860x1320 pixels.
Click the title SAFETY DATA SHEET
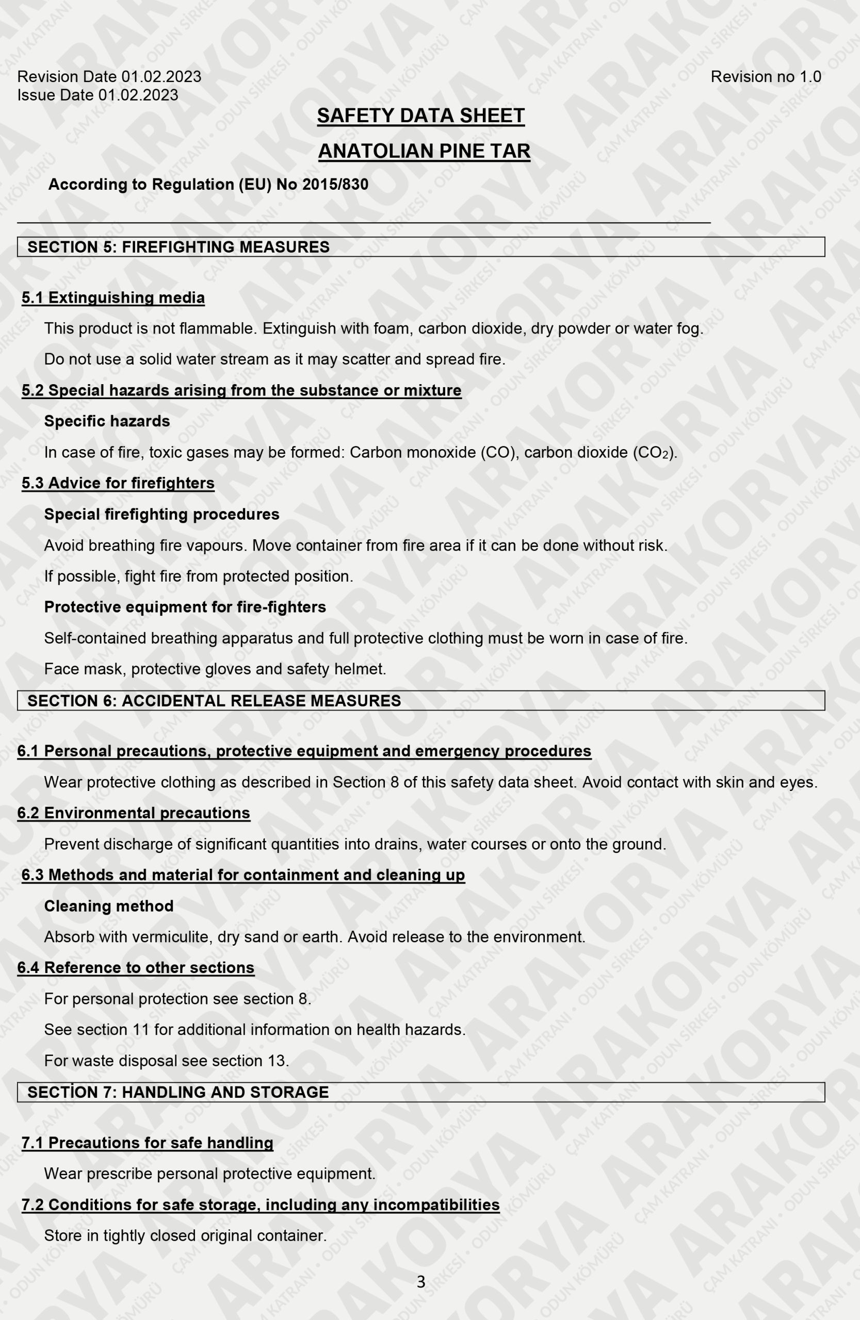point(420,115)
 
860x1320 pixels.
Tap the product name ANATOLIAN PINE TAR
point(424,151)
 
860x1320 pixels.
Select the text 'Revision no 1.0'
point(766,76)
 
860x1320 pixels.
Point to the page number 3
point(421,1282)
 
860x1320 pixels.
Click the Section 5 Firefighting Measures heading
point(179,247)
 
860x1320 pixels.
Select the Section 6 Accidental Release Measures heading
point(214,701)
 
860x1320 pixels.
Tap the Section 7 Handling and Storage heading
point(178,1092)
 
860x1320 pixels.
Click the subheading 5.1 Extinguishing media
point(113,298)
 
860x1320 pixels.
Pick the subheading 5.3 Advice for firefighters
point(118,483)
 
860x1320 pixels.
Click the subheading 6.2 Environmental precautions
point(134,813)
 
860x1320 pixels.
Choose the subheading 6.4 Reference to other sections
point(136,968)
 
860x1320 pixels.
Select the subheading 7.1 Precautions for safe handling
point(148,1143)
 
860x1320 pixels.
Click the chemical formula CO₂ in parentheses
point(654,453)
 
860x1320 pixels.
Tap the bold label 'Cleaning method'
point(109,906)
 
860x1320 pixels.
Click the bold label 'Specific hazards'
point(107,421)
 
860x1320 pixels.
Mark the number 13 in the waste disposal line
point(277,1061)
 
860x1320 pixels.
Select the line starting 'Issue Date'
point(98,95)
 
